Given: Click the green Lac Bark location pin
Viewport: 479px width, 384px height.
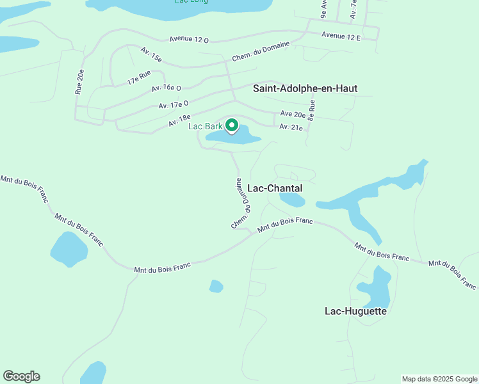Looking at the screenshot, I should [x=232, y=125].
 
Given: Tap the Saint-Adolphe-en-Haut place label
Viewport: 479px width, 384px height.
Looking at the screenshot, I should [x=305, y=88].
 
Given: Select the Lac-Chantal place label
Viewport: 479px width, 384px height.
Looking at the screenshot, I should [x=274, y=189].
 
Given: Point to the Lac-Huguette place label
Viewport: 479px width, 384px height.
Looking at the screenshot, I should [x=355, y=312].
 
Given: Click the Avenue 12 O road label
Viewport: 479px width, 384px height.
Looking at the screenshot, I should [x=189, y=39].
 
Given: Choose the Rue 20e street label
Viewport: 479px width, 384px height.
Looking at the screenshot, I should [x=79, y=82].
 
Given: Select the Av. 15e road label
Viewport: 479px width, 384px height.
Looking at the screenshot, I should [x=151, y=54].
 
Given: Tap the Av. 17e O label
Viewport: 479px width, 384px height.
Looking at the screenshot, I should [x=174, y=104].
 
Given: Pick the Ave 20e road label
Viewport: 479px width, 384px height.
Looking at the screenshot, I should [x=293, y=114].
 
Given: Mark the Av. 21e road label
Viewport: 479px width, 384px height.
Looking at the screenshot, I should [x=291, y=127].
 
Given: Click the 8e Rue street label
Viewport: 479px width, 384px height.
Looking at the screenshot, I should [x=312, y=110].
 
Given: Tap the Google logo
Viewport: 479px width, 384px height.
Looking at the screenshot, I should [x=21, y=376].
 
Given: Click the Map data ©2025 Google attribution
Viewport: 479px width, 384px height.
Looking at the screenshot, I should [x=439, y=379].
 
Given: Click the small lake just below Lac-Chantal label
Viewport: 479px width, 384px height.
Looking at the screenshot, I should [x=292, y=200].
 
